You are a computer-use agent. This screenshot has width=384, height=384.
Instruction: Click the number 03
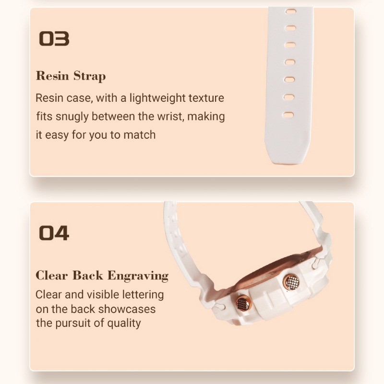tap(54, 39)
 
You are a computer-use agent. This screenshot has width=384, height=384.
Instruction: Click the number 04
tap(54, 233)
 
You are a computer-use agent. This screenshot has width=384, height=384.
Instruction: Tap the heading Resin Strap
tap(71, 76)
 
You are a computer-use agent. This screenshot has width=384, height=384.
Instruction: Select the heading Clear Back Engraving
tap(102, 276)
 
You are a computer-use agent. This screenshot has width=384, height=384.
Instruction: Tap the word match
tap(140, 135)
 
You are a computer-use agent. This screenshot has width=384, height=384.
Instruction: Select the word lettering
tap(143, 295)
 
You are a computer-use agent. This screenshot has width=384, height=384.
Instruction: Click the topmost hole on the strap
tap(291, 11)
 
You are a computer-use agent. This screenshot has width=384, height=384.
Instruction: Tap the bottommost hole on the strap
tap(288, 115)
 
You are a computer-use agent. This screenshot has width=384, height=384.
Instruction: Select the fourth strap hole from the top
tap(290, 62)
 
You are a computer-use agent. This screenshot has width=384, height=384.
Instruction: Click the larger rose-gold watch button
tap(292, 282)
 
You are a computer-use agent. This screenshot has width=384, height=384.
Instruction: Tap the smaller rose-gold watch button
tap(243, 303)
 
